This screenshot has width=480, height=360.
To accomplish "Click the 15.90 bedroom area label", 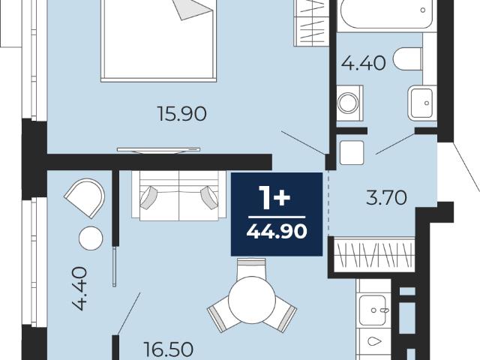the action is click(x=181, y=113).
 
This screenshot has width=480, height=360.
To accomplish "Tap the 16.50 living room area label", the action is click(x=168, y=349).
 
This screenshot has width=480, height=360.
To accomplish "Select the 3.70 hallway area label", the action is click(x=386, y=198).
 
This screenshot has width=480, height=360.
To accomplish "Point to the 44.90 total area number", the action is click(x=277, y=231).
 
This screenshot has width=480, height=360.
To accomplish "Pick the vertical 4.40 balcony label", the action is click(x=80, y=288).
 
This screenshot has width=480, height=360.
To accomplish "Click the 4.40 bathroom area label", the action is click(x=363, y=64).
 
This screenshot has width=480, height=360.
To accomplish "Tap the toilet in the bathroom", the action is click(x=408, y=58).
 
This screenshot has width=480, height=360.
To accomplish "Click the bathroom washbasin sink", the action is click(x=422, y=103).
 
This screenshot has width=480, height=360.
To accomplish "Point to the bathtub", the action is click(x=387, y=15).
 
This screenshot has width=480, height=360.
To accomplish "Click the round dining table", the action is click(x=252, y=300).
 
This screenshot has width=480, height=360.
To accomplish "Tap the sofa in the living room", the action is click(x=179, y=195).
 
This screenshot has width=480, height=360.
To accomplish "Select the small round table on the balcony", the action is click(x=91, y=238).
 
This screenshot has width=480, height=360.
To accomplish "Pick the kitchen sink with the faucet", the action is click(x=375, y=310).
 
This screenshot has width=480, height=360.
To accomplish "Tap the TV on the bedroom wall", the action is click(x=158, y=150).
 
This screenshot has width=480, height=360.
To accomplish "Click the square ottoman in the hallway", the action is click(x=352, y=152).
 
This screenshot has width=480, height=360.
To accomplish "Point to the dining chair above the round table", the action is click(x=252, y=267).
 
